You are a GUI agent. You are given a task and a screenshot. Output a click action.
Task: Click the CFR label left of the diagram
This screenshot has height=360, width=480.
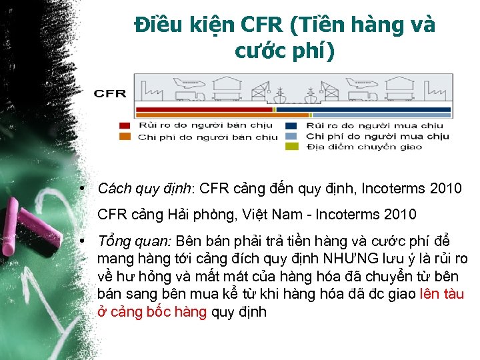click(110, 93)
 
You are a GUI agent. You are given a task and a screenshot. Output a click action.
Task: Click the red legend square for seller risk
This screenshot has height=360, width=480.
click(125, 125)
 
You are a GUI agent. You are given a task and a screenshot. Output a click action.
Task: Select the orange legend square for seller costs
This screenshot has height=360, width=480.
click(125, 137)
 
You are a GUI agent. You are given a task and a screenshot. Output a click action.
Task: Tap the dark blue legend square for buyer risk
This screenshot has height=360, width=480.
click(291, 125)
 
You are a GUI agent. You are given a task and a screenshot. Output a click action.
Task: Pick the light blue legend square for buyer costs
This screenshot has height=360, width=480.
click(291, 137)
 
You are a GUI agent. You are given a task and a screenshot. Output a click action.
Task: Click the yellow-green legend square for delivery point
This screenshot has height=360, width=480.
click(291, 147)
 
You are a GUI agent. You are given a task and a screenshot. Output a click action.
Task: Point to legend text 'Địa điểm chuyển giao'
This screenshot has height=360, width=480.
click(364, 147)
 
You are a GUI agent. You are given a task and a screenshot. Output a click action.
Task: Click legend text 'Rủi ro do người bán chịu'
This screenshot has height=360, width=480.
click(207, 125)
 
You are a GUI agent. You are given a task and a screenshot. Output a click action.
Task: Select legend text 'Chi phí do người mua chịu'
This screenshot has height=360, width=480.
click(377, 137)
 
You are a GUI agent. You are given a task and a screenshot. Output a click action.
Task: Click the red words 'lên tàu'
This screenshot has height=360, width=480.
click(443, 294)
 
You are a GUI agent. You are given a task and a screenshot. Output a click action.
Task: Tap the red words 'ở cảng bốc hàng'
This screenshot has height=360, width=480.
click(152, 312)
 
